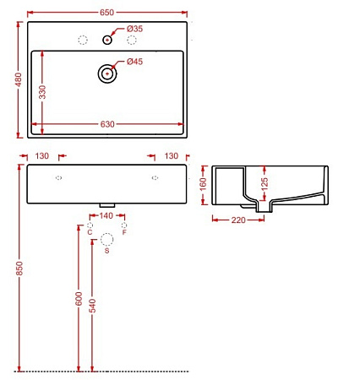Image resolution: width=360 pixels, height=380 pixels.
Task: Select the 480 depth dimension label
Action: [17, 79]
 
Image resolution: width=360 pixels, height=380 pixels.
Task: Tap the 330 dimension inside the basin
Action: [41, 90]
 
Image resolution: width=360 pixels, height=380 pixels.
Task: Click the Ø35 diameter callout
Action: [135, 29]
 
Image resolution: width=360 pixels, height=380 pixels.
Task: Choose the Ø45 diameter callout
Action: [135, 61]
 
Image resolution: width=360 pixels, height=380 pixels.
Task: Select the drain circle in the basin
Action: [107, 73]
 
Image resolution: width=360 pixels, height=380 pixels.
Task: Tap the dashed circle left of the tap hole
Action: [83, 40]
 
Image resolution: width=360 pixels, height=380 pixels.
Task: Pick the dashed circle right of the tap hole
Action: [132, 40]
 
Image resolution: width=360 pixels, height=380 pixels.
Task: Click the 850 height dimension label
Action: [19, 268]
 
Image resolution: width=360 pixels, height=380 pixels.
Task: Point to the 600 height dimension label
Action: [78, 301]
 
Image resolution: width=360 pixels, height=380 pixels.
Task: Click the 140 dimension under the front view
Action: [106, 217]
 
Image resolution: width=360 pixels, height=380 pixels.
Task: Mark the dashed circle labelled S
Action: [106, 241]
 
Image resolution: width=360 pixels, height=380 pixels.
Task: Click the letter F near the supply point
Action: [124, 232]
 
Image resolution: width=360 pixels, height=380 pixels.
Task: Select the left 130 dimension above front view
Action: [42, 156]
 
